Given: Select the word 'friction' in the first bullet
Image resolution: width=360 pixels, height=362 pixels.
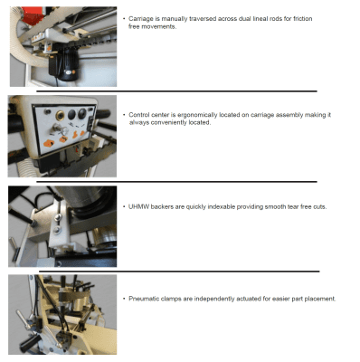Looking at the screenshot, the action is (303, 19).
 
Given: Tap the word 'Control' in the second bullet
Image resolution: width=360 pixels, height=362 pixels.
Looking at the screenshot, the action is (139, 115).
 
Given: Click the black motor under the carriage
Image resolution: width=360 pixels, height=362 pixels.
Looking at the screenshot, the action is (64, 64).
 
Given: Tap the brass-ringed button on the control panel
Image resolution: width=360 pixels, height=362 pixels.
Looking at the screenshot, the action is (60, 115).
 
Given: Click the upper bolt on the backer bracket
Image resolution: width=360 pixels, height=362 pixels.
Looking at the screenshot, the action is (58, 217).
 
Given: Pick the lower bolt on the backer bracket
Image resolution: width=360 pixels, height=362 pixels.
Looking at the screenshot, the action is (56, 231).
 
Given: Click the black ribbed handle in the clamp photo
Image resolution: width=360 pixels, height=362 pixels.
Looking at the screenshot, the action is (31, 343).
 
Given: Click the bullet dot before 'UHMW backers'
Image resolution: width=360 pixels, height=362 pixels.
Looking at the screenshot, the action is (124, 207).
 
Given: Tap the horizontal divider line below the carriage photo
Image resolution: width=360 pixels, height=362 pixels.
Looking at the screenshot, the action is (176, 91).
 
